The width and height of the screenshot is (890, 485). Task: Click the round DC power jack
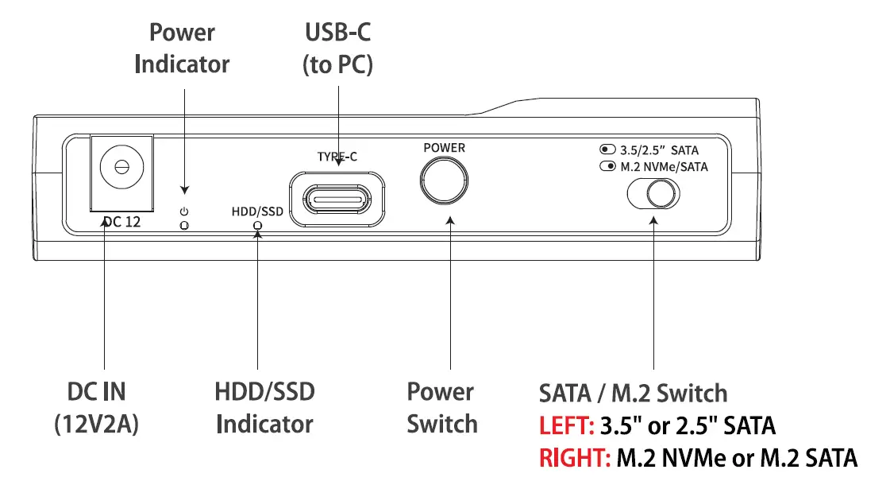pyautogui.click(x=121, y=168)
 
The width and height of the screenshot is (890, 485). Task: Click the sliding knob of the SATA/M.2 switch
pyautogui.click(x=661, y=194)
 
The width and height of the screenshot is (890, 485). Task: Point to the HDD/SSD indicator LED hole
pyautogui.click(x=256, y=226)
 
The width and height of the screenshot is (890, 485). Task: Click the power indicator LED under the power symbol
pyautogui.click(x=184, y=226)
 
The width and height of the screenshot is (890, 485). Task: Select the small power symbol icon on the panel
pyautogui.click(x=184, y=211)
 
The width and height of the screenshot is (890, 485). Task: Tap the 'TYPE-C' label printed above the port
pyautogui.click(x=337, y=157)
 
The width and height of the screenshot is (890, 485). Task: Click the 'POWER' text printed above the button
pyautogui.click(x=444, y=148)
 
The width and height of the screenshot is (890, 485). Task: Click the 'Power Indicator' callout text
pyautogui.click(x=182, y=48)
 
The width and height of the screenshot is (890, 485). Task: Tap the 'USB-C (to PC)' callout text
pyautogui.click(x=337, y=48)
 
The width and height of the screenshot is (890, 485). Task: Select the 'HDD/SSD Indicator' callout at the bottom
pyautogui.click(x=264, y=408)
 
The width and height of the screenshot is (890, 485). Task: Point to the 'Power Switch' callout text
pyautogui.click(x=442, y=408)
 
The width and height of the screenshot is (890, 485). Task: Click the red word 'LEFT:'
pyautogui.click(x=566, y=426)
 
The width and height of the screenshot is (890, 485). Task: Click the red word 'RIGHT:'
pyautogui.click(x=574, y=458)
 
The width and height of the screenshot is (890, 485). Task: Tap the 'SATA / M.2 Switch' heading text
pyautogui.click(x=633, y=393)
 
